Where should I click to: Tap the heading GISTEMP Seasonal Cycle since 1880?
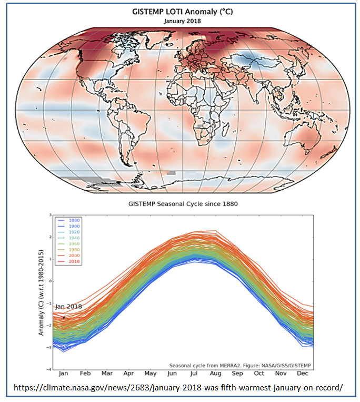pos(180,204)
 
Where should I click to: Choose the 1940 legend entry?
pos(73,238)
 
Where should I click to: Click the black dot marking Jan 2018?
pos(64,317)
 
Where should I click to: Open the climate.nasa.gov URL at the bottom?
pos(178,388)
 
